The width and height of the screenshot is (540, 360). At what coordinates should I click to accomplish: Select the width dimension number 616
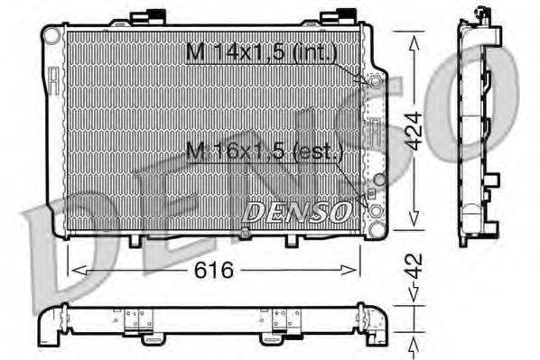point(214,270)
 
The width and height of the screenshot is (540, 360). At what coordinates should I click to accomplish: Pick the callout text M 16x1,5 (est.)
point(264,150)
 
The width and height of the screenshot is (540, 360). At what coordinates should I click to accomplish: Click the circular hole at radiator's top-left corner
point(52,35)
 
